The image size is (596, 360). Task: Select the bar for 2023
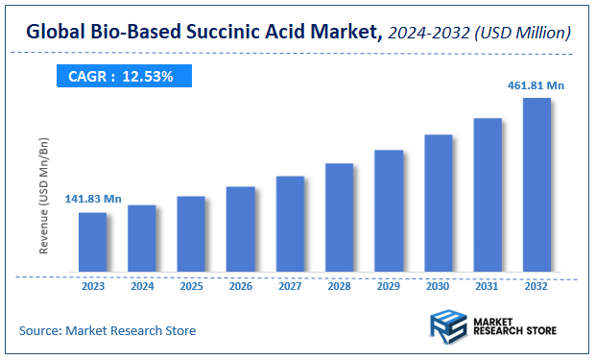point(93,241)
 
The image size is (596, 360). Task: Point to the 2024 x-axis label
point(142,285)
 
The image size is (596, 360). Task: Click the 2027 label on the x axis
point(290,285)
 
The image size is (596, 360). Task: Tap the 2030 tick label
point(438,285)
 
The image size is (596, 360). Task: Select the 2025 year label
point(191,285)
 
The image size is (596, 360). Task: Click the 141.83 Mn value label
point(93,199)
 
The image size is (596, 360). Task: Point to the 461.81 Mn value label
point(536,85)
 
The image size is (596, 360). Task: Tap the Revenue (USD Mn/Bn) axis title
point(44,196)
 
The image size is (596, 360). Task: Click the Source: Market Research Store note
point(107,330)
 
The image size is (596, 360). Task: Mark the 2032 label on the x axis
point(536,285)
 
